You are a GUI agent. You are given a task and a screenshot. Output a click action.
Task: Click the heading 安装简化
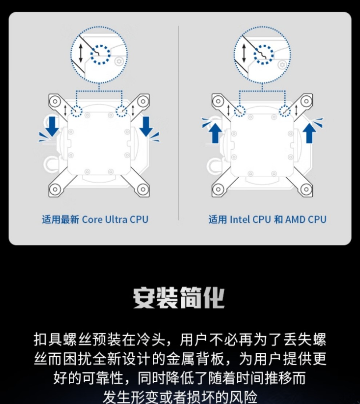click(x=179, y=298)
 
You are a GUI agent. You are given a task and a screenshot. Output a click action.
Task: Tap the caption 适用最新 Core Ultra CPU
click(x=95, y=219)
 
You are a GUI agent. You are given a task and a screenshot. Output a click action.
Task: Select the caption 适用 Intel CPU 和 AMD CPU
click(x=267, y=219)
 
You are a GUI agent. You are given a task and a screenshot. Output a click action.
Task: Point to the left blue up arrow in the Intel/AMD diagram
click(x=215, y=133)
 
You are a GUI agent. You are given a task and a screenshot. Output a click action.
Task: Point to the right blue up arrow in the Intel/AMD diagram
click(x=309, y=133)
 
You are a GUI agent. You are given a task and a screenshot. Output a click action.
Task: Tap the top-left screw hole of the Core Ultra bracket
click(x=55, y=101)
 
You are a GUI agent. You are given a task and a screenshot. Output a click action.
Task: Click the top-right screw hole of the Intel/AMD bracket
click(x=307, y=101)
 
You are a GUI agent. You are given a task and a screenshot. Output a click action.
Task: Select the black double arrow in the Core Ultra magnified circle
click(x=81, y=53)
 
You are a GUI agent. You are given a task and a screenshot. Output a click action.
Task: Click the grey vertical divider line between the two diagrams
click(x=178, y=123)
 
